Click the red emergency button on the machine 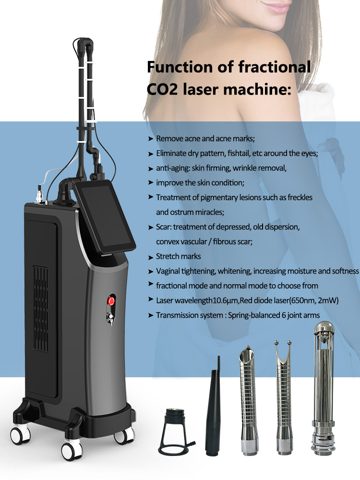[x=112, y=301]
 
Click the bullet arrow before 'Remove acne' [x=150, y=139]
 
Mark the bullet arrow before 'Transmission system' [x=150, y=315]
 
